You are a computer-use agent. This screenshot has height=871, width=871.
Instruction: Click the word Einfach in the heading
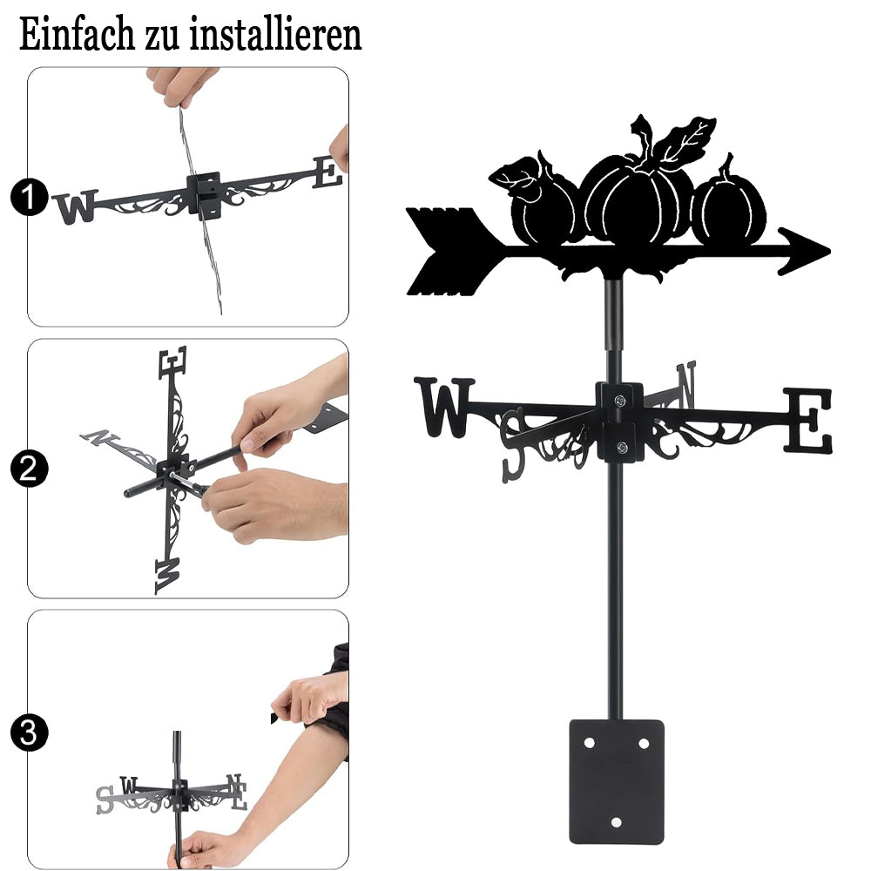coord(77,35)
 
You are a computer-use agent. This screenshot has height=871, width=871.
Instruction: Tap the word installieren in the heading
coord(275,35)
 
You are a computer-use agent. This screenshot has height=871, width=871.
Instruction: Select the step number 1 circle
coord(29,197)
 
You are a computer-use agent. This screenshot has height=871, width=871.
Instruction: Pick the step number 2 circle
coord(29,469)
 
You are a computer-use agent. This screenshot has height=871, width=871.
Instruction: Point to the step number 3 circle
coord(29,733)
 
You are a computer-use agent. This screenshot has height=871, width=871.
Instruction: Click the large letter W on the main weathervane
coord(444,407)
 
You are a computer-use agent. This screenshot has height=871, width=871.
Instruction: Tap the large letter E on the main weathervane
coord(808,421)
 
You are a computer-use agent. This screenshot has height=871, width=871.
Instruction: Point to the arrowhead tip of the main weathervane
coord(830,252)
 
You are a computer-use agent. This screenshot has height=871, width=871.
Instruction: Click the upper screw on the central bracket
coord(620,401)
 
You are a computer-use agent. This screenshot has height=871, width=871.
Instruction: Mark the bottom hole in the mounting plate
coord(616,822)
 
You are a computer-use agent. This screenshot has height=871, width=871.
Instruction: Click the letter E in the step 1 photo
coord(327,172)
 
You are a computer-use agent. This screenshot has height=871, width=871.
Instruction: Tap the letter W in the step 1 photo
coord(76,206)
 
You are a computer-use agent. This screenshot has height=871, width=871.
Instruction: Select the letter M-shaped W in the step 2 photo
coord(167,576)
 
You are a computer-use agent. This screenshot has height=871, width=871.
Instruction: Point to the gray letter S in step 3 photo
coord(105,800)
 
